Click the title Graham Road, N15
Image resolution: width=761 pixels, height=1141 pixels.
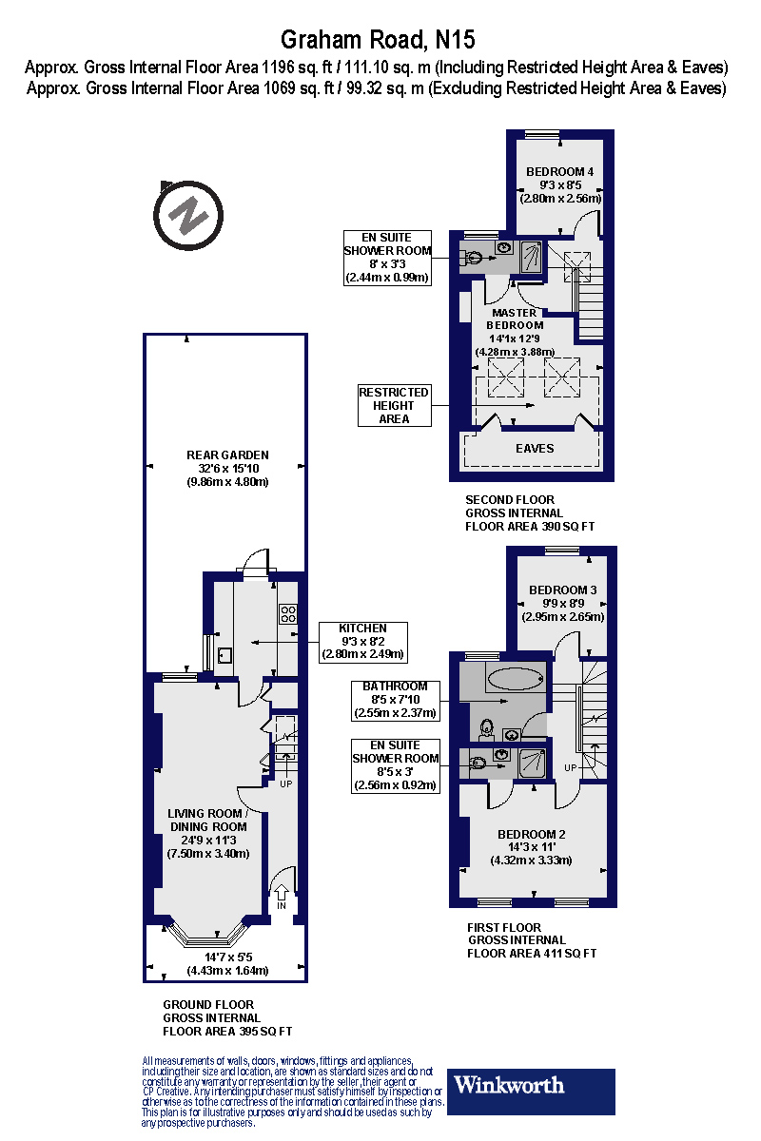pos(378,40)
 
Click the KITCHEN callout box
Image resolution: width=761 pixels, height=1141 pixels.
pos(363,642)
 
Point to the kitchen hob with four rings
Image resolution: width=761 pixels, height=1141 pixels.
pos(288,614)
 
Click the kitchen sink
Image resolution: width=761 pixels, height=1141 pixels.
pos(225,654)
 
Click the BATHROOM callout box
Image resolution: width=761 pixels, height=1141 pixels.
pos(395,699)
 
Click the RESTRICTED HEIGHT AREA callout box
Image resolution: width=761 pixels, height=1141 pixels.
pos(394,405)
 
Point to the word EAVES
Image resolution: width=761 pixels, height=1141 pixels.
pos(534,449)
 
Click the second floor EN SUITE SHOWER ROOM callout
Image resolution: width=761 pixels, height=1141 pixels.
pos(388,258)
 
